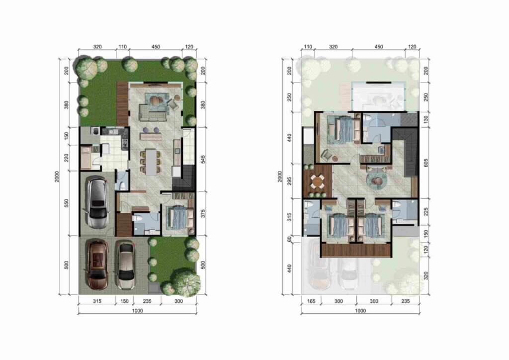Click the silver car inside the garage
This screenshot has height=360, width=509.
96,202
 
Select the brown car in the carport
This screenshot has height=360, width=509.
97,264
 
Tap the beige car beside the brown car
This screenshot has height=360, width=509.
126,265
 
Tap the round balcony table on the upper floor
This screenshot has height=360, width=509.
317,182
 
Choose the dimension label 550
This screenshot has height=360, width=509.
68,204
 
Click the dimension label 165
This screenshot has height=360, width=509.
311,301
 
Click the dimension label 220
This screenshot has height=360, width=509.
68,158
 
